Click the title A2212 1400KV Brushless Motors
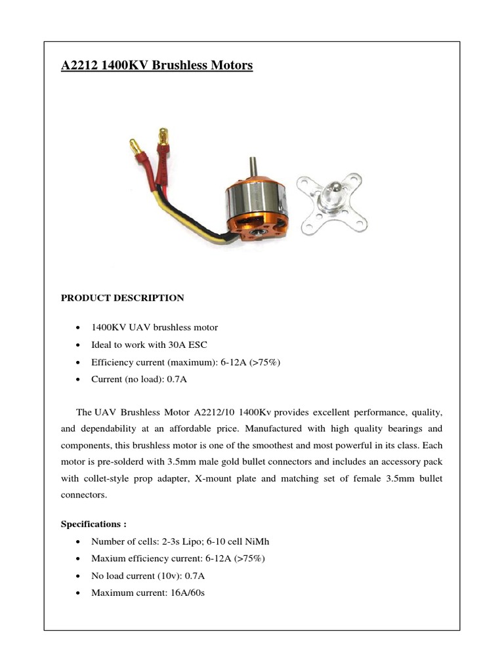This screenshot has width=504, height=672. tap(156, 66)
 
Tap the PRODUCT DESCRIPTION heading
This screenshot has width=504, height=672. tap(123, 298)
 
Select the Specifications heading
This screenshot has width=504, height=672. tap(93, 524)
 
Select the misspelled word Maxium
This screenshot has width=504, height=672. tap(107, 558)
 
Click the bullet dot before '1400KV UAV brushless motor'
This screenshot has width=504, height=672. tap(79, 327)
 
